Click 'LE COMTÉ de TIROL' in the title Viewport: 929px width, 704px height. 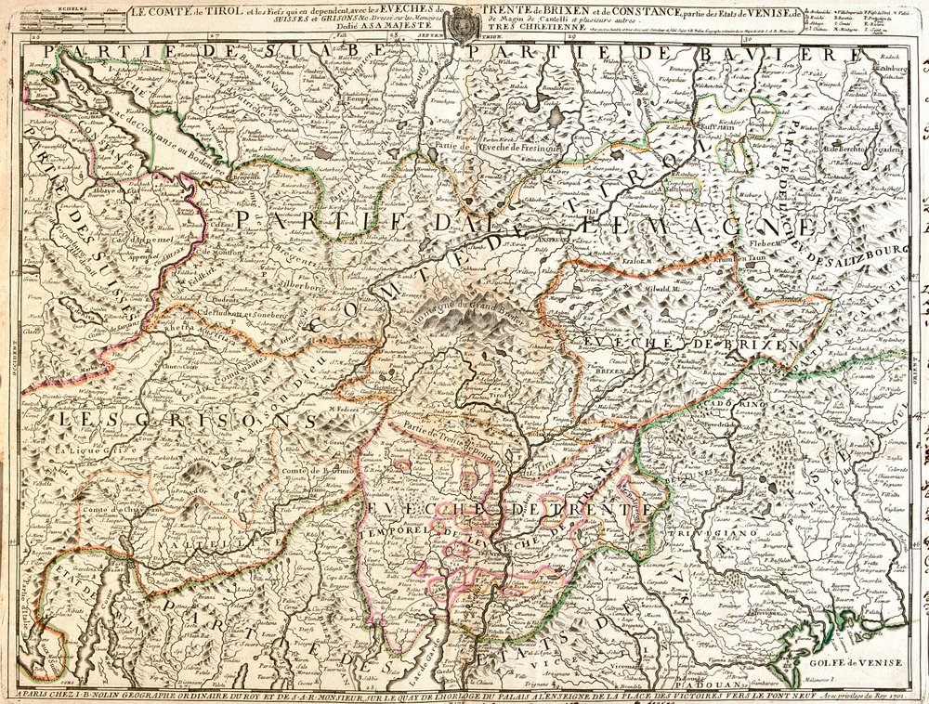coord(177,13)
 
